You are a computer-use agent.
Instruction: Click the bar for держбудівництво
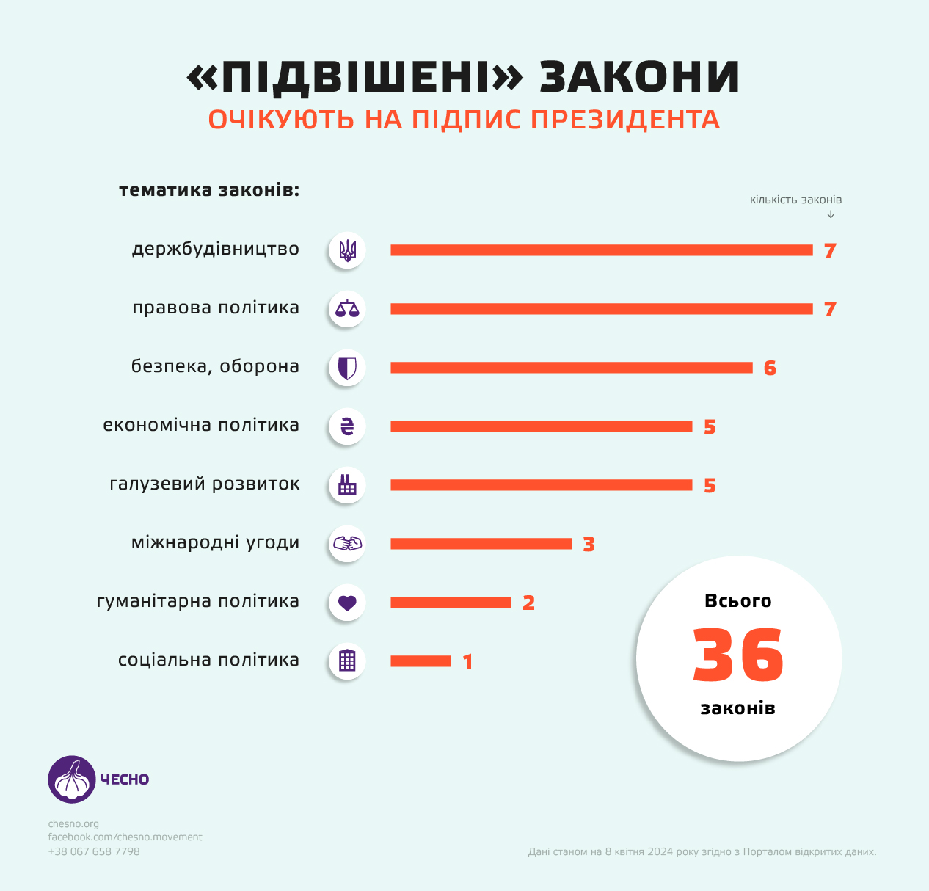point(601,250)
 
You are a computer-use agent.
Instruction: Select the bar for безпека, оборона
point(571,368)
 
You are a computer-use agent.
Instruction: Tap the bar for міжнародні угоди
point(481,544)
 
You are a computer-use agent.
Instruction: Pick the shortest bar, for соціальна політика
point(420,661)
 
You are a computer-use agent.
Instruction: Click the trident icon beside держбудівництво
point(347,250)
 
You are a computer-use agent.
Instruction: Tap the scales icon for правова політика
point(347,309)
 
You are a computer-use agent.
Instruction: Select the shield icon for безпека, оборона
point(347,368)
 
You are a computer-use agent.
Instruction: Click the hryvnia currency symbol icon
point(347,426)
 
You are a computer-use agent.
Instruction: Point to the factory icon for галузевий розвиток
point(347,485)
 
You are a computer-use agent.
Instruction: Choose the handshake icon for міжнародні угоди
point(347,544)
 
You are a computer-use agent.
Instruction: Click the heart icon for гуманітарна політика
point(347,603)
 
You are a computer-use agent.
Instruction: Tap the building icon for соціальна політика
point(347,661)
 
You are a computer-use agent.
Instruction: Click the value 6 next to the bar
point(770,368)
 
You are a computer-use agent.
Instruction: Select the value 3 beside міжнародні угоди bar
point(589,545)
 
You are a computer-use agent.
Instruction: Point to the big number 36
point(738,655)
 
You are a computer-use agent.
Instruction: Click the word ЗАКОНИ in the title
point(639,77)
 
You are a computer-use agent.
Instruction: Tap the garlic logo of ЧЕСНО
point(72,779)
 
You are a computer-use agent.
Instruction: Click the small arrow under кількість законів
point(831,214)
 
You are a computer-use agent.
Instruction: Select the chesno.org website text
point(73,824)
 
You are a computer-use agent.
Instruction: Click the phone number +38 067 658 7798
point(94,852)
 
